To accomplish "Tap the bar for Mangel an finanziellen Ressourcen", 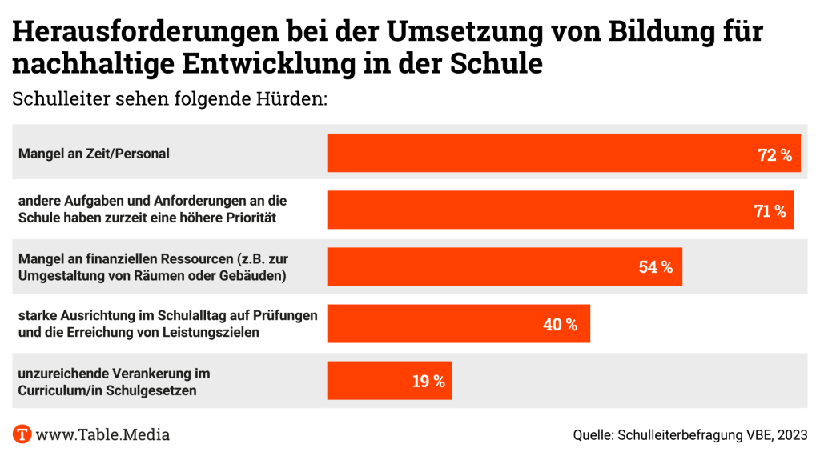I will [x=504, y=267].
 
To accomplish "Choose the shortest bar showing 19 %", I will [x=389, y=381].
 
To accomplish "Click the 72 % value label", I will [x=774, y=154].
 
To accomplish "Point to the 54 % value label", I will [x=656, y=267].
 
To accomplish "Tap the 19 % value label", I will [x=428, y=382].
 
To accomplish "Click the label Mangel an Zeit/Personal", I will [x=94, y=154].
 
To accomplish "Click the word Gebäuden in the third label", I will [x=251, y=275].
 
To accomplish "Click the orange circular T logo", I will [x=22, y=434].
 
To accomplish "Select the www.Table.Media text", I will [x=103, y=434].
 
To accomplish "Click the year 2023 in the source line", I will [x=791, y=435].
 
